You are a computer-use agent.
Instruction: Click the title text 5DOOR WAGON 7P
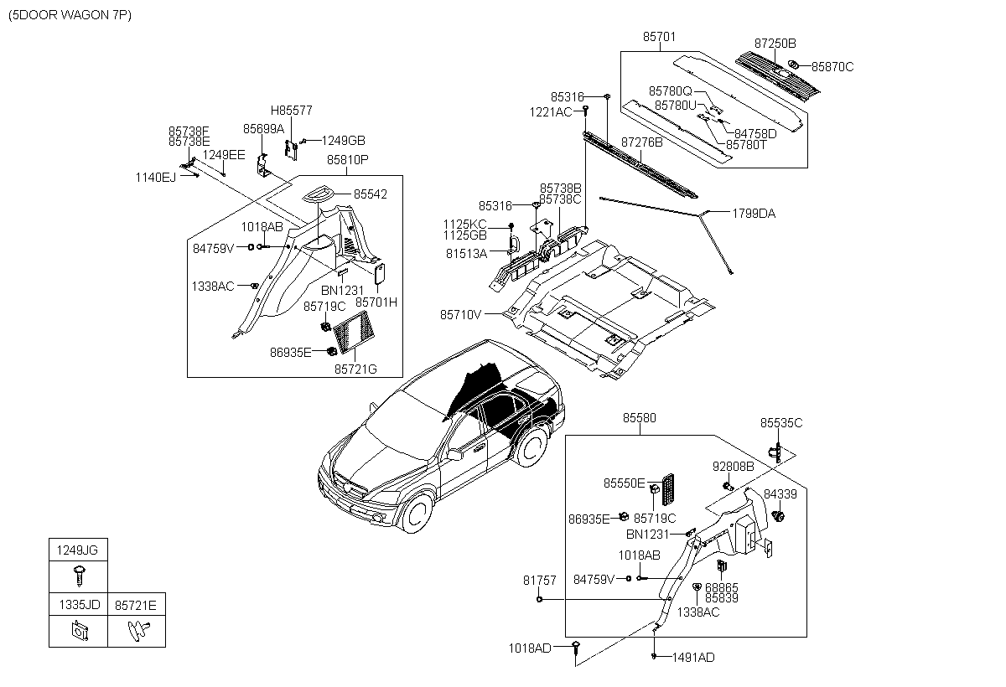click(70, 15)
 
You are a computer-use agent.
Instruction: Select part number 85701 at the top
click(659, 37)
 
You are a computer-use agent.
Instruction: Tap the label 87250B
click(775, 44)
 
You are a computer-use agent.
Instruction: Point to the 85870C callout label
click(832, 67)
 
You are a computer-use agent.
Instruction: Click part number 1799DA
click(754, 214)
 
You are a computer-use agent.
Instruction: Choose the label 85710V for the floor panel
click(460, 315)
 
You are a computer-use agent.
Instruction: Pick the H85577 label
click(291, 111)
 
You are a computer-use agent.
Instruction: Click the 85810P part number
click(347, 160)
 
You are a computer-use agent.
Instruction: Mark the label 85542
click(370, 194)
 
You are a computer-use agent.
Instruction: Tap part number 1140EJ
click(156, 178)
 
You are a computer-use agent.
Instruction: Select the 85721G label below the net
click(355, 369)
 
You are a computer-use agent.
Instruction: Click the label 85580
click(639, 418)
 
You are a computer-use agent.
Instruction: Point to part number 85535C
click(781, 423)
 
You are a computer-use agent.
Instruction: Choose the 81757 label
click(539, 581)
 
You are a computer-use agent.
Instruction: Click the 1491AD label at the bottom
click(693, 658)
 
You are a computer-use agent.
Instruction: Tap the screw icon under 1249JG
click(80, 576)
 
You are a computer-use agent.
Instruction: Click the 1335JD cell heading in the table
click(80, 605)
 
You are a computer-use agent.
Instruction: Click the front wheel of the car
click(417, 512)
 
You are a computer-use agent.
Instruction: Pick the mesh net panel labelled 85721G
click(354, 332)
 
